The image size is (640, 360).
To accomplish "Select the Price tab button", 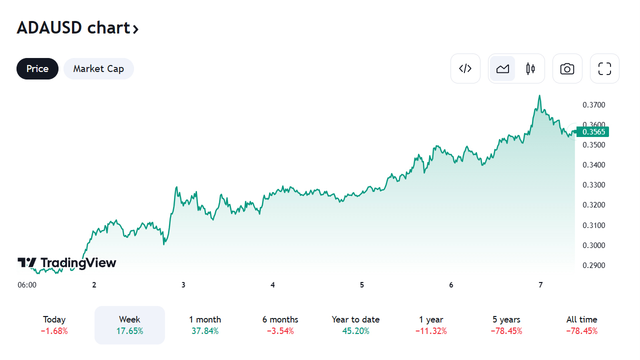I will (x=37, y=68).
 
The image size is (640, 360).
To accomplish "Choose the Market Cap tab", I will (x=98, y=68).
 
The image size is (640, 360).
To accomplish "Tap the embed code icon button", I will (x=465, y=68).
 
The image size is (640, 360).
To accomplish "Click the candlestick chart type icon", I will (x=530, y=68).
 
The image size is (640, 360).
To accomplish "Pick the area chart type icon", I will (x=502, y=68).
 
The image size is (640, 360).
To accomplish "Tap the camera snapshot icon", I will (x=567, y=68).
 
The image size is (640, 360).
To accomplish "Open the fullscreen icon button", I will (x=605, y=68).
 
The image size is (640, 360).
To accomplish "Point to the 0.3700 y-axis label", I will (x=594, y=105).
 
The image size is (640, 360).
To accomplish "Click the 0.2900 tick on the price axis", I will (x=594, y=265).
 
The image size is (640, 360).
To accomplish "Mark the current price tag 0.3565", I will (x=593, y=132).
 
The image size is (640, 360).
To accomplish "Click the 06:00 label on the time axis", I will (x=27, y=285).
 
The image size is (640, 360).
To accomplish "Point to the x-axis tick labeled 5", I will (x=362, y=285).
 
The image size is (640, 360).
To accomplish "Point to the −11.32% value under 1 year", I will (x=431, y=331).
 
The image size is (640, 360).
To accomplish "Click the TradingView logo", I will (x=67, y=263).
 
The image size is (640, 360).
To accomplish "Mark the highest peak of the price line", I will (x=539, y=95).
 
